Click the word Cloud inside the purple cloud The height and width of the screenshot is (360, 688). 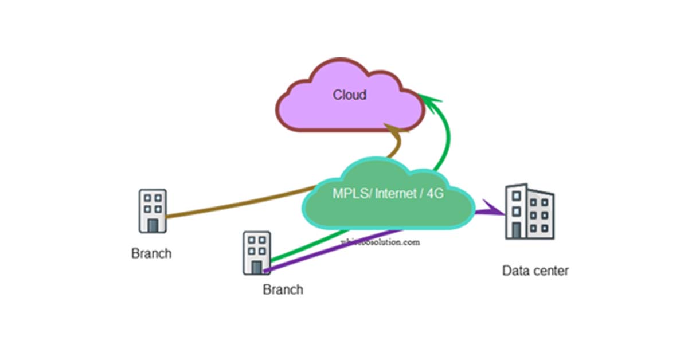(x=349, y=95)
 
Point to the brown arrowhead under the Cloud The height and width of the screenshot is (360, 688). (x=395, y=131)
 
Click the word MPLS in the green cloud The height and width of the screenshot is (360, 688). (x=351, y=194)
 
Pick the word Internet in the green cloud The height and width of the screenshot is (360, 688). (x=396, y=194)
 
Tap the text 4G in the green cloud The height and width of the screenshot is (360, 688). (x=435, y=194)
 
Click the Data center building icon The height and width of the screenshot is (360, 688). (x=529, y=212)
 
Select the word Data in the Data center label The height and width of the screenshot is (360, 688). (x=515, y=271)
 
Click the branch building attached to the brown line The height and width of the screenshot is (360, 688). (x=153, y=210)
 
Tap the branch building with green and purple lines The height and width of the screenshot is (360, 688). (x=256, y=253)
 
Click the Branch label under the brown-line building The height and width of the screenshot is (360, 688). (x=151, y=253)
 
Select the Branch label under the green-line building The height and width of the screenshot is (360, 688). (x=283, y=289)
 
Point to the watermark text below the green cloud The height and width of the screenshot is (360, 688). (x=380, y=242)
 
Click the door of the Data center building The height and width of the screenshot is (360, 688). (x=517, y=230)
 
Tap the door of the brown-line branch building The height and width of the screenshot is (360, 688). (x=153, y=225)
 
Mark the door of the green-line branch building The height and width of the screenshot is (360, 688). (x=257, y=267)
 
